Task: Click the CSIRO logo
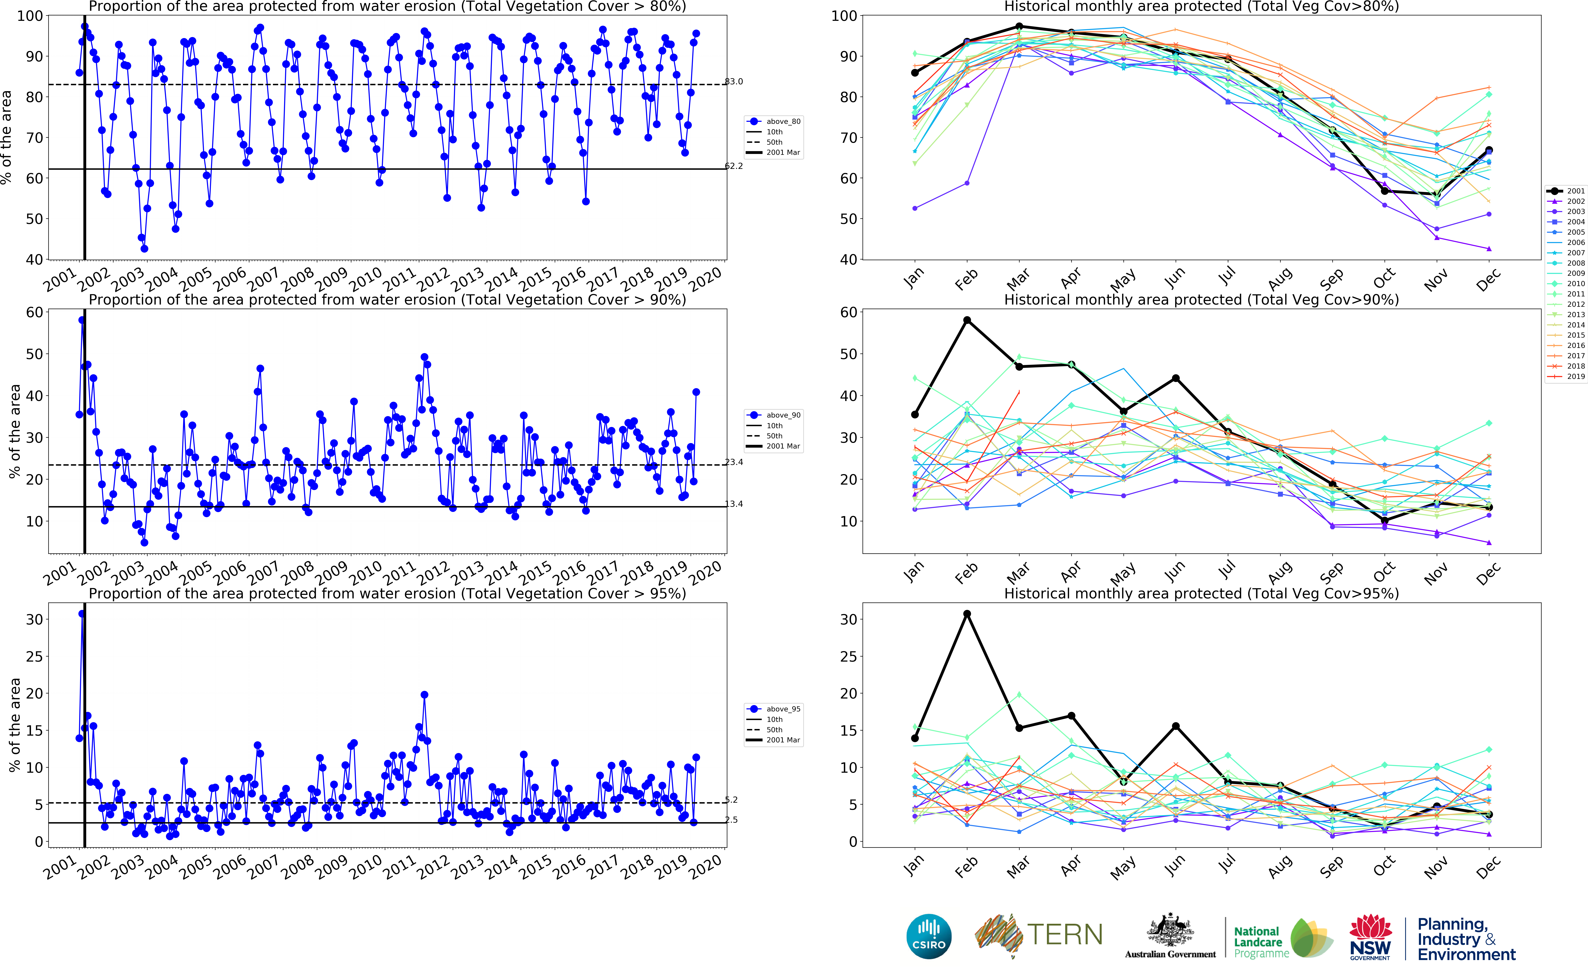929,936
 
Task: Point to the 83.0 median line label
734,81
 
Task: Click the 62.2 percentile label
734,166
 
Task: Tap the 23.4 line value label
734,462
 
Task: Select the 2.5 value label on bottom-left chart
731,819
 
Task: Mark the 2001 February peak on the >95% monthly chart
967,614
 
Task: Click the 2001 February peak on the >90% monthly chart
967,320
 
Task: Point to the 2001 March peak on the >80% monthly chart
1019,27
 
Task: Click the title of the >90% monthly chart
1201,299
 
